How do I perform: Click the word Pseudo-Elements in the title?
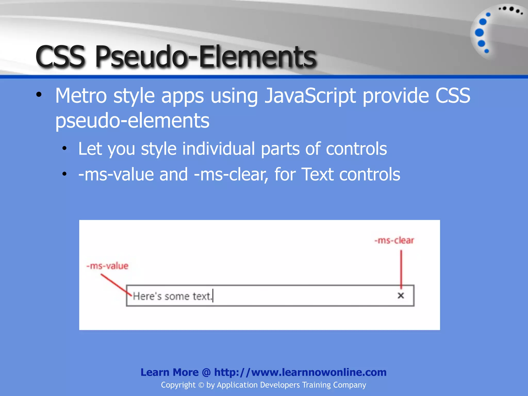click(206, 56)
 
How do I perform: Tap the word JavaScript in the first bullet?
click(310, 96)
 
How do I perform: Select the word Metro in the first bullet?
click(81, 96)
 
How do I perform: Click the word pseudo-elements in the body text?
click(132, 121)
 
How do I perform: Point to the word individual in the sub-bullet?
click(218, 149)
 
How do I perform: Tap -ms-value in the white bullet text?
click(116, 175)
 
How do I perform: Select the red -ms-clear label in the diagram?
click(394, 240)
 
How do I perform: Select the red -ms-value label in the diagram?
click(107, 266)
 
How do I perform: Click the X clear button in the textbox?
click(401, 295)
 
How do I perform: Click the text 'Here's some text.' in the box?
click(172, 296)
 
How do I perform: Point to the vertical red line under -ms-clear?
click(401, 268)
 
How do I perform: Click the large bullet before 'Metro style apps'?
click(39, 95)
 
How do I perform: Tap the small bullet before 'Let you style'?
click(64, 148)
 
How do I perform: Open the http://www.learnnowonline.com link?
click(300, 372)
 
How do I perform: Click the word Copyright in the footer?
click(178, 385)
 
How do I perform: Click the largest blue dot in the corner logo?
click(479, 32)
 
